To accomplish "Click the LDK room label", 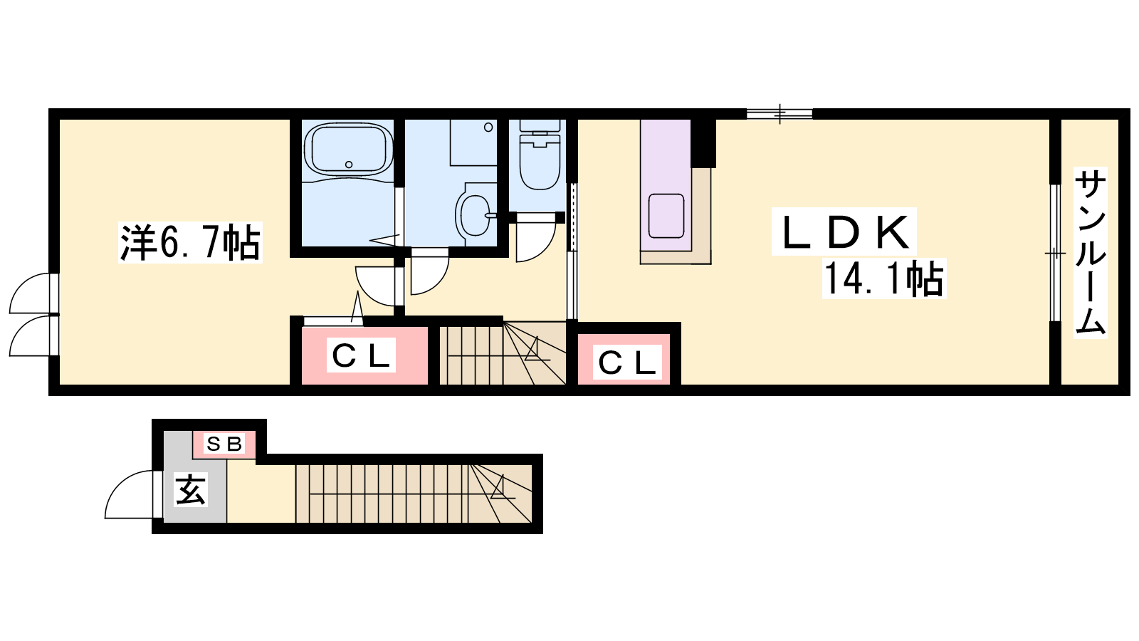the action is [x=844, y=232].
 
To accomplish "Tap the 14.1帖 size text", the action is [x=883, y=278].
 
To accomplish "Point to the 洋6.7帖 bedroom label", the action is [x=189, y=242].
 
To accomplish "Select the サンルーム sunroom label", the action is [x=1090, y=252].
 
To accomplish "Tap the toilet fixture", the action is [x=540, y=155].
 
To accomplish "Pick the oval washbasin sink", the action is [x=475, y=215].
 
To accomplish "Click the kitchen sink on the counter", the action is [x=666, y=216].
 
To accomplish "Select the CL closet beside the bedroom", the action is [x=364, y=355].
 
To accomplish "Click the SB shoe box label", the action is [x=224, y=444].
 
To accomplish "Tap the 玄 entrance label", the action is [x=191, y=489].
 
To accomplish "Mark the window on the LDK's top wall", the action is [x=780, y=113].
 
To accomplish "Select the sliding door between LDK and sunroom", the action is [x=1056, y=253].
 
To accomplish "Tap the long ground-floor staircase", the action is [x=414, y=494].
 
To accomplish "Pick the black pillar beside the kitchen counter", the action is [x=703, y=143].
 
